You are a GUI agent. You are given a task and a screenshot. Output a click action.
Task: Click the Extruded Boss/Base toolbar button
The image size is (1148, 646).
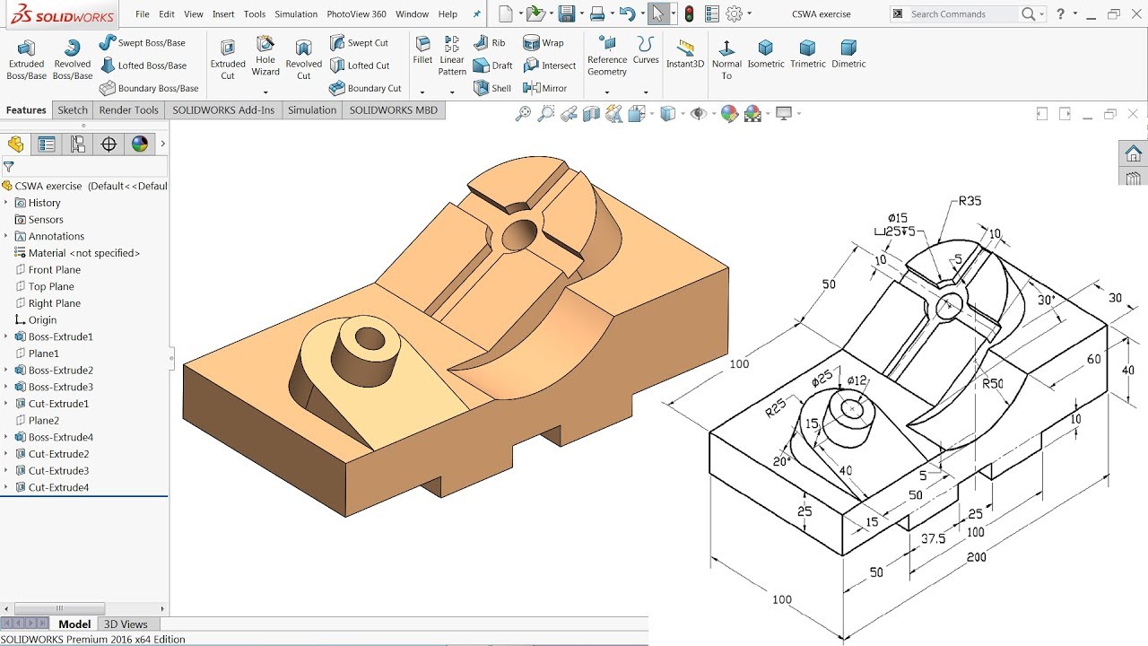click(x=26, y=59)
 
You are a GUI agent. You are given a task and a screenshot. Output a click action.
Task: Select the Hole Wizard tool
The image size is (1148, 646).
click(x=265, y=56)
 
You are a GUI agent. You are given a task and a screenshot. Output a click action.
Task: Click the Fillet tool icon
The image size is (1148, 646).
click(x=422, y=49)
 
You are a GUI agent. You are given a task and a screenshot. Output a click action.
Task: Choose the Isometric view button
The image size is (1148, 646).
click(x=765, y=55)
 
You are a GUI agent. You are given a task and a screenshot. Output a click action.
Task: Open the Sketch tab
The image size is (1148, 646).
click(x=73, y=110)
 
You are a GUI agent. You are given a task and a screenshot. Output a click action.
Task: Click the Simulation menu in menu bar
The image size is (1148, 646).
click(x=296, y=14)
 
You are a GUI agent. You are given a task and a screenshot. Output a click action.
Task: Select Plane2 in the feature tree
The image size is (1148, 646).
click(x=43, y=421)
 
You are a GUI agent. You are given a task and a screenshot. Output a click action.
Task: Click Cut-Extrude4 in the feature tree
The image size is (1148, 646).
click(x=58, y=488)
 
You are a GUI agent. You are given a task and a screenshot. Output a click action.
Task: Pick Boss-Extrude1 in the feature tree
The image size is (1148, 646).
click(x=60, y=337)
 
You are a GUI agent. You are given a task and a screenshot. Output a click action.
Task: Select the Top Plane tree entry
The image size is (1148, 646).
click(x=51, y=287)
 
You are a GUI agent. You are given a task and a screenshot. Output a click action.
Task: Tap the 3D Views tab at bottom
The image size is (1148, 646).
click(x=126, y=624)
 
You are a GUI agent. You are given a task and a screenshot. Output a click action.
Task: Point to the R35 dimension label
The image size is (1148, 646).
click(x=970, y=201)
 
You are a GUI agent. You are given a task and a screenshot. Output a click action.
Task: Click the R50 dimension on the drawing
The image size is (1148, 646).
click(x=992, y=384)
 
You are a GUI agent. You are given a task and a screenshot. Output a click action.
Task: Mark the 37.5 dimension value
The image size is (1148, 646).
click(x=933, y=538)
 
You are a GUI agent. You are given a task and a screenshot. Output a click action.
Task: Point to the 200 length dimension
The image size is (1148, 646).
click(x=976, y=557)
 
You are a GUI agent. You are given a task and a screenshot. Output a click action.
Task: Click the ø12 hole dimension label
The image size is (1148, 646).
click(x=857, y=380)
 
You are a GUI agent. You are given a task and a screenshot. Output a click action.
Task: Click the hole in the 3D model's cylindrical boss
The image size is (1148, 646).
click(x=369, y=339)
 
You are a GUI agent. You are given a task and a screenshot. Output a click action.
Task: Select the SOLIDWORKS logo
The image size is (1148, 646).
click(x=62, y=15)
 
